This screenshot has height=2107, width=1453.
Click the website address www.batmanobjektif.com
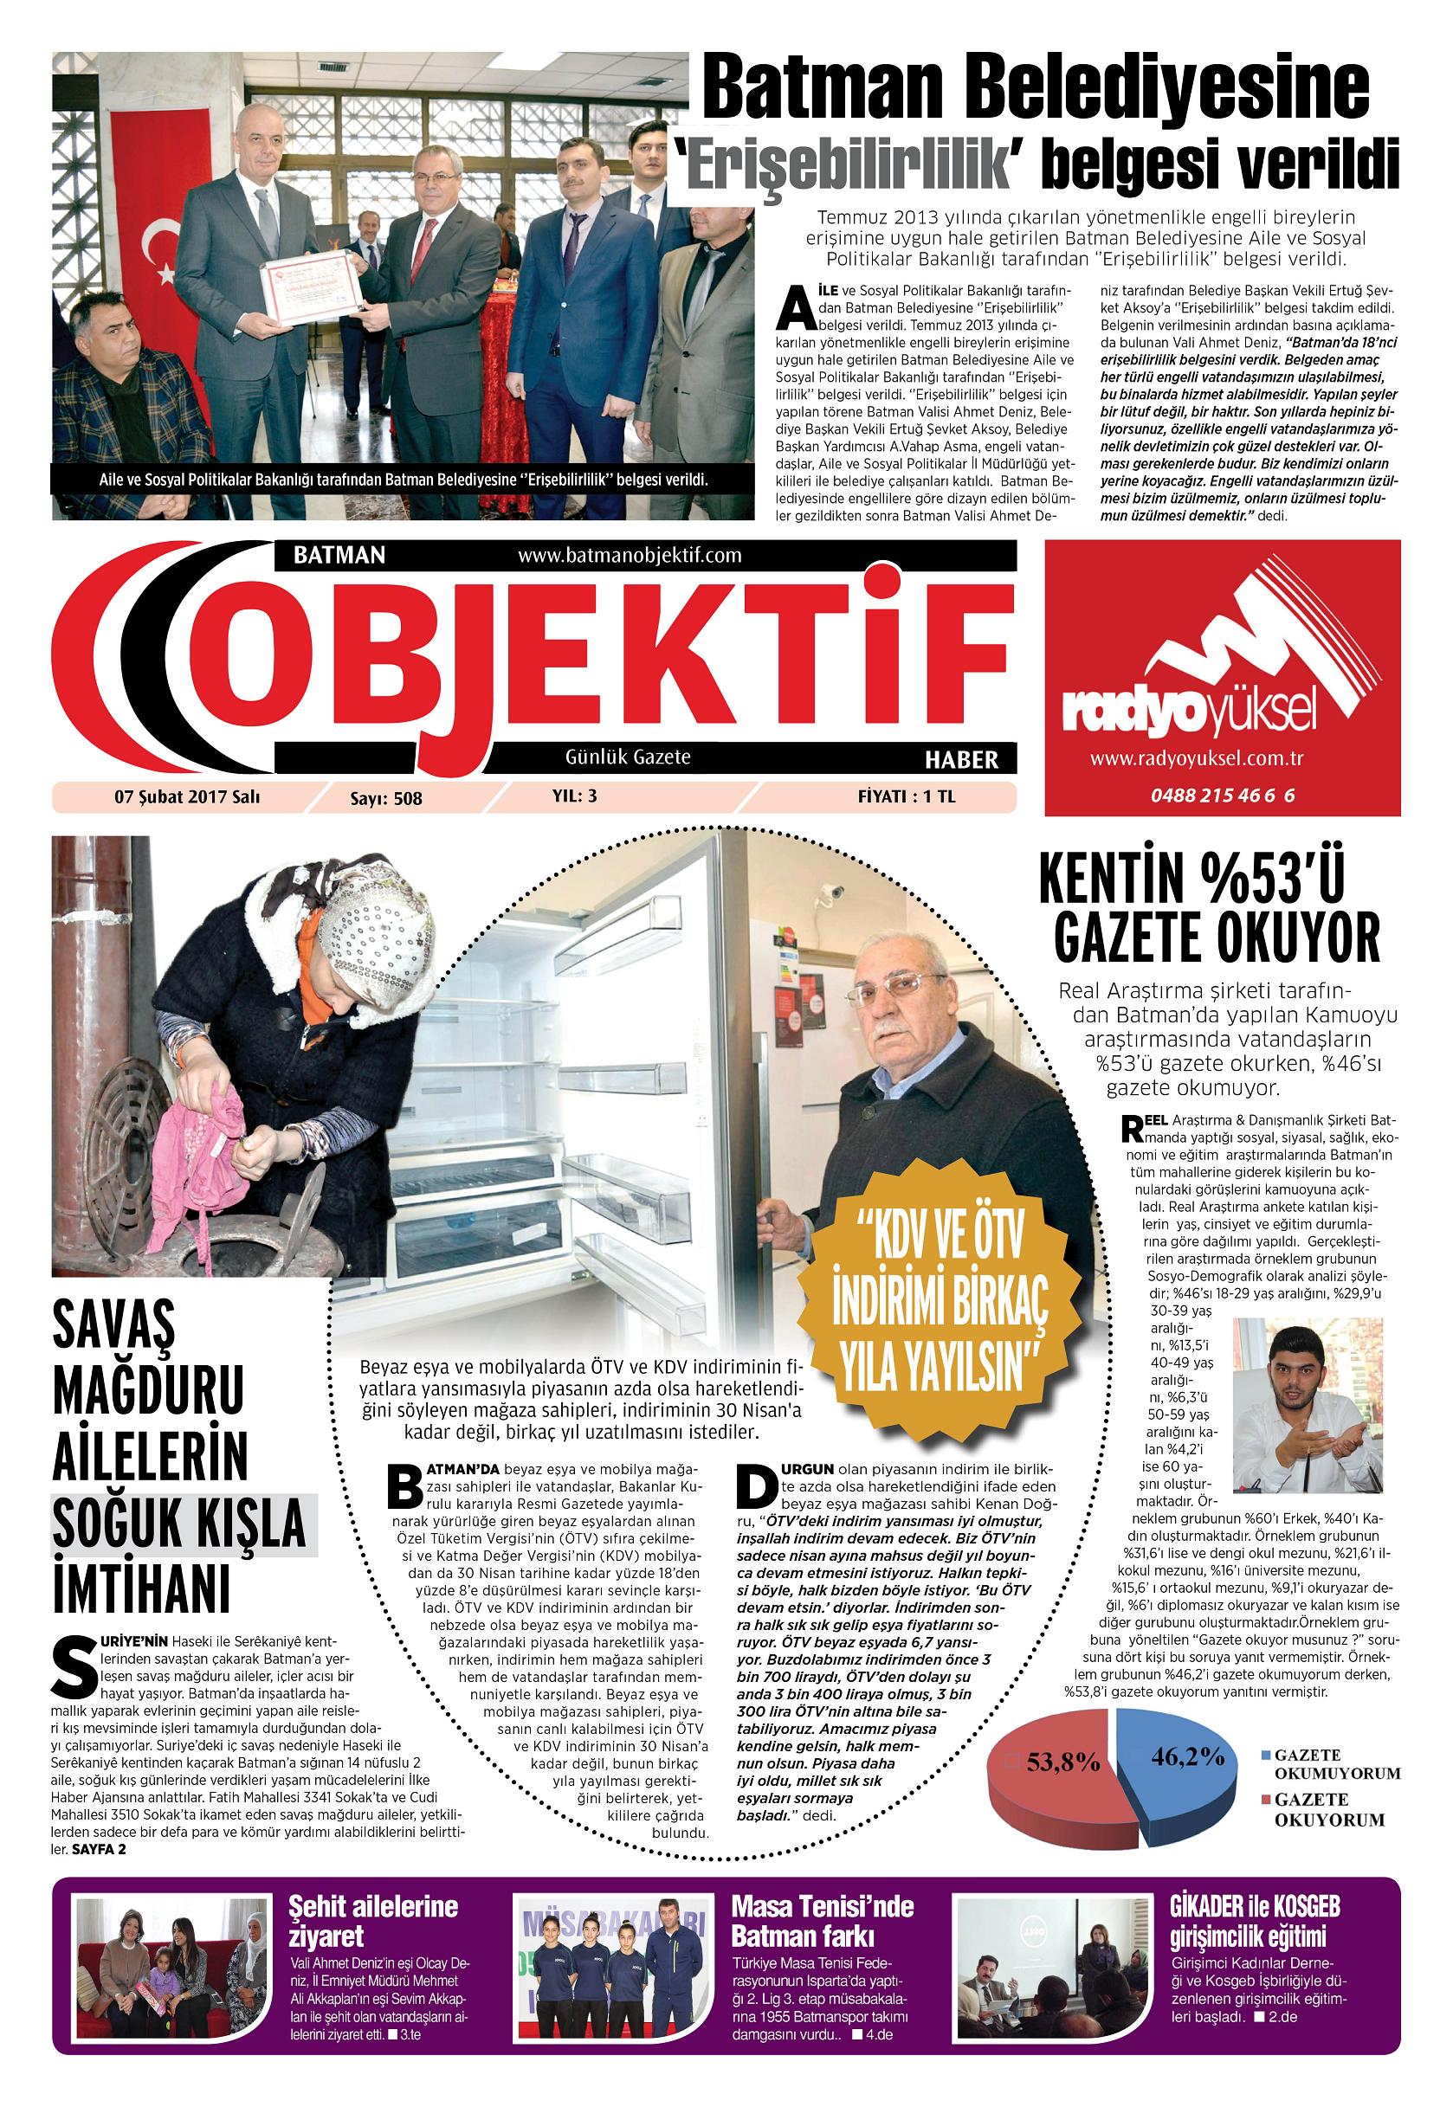[x=630, y=555]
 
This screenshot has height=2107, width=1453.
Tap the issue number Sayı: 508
[x=386, y=798]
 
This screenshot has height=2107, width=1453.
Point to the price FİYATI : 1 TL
[x=906, y=796]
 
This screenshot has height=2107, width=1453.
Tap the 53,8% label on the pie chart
[x=1063, y=1763]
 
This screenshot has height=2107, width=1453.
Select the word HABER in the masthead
[x=960, y=759]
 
